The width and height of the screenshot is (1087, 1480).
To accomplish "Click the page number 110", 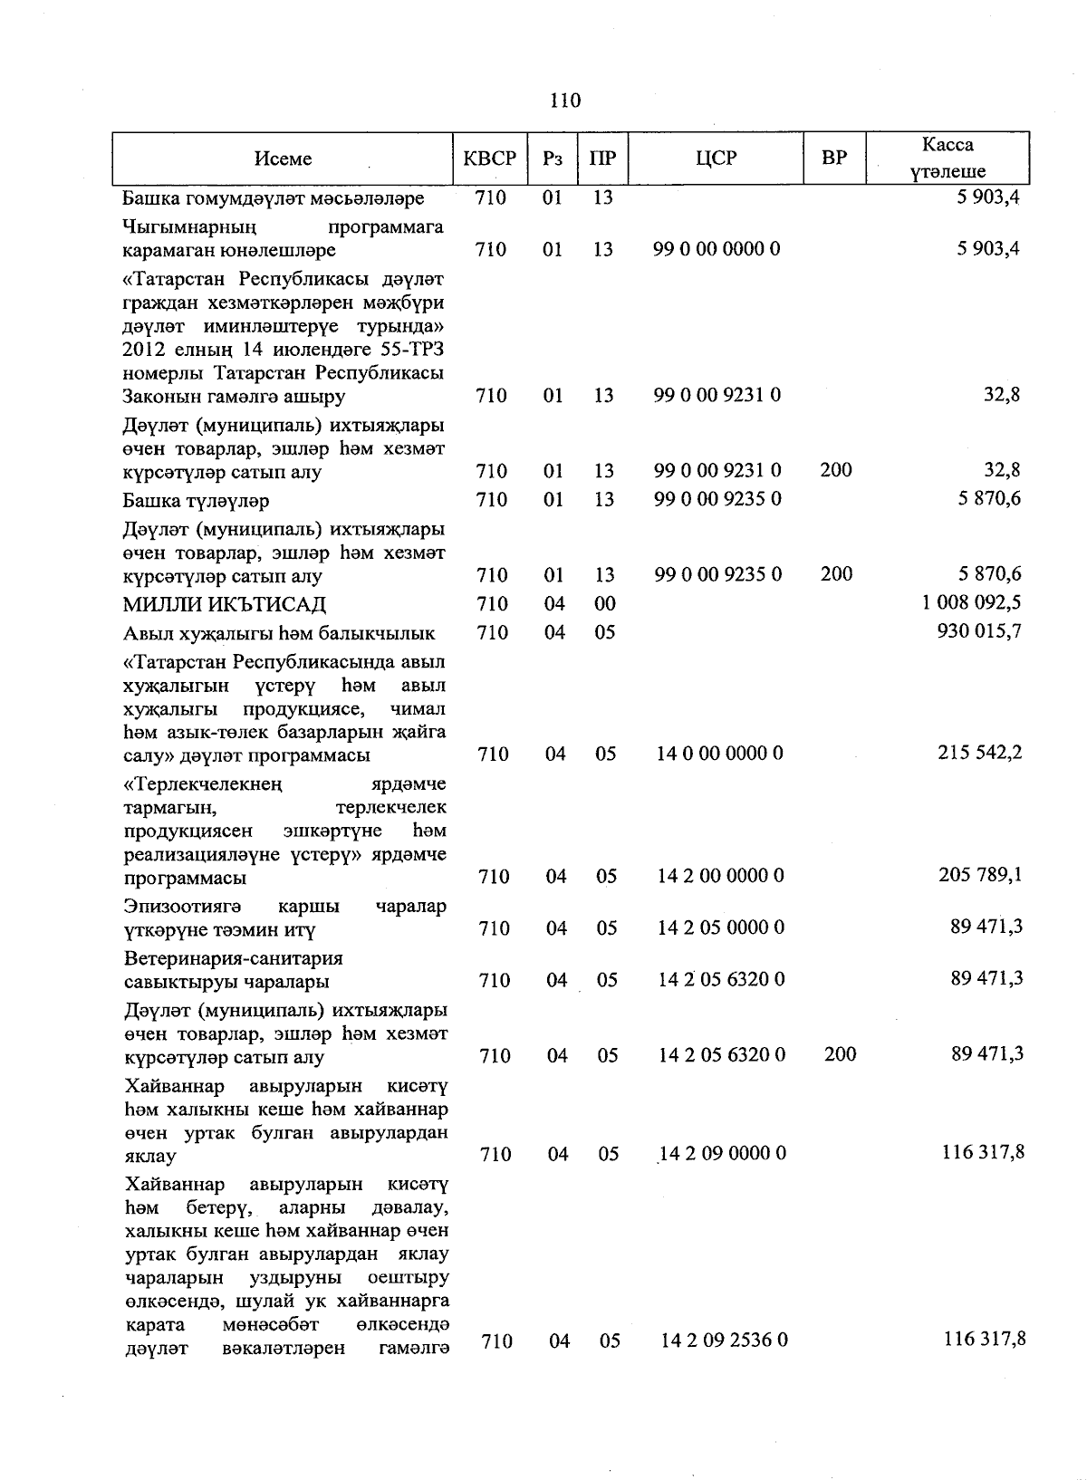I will (x=564, y=101).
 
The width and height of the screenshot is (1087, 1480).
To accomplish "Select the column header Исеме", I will (x=283, y=159).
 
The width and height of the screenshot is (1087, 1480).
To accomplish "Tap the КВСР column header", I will (x=490, y=159).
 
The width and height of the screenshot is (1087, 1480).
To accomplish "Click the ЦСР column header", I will (x=717, y=159).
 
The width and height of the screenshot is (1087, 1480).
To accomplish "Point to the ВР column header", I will (x=834, y=158).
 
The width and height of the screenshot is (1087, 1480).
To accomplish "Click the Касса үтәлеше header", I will (x=948, y=158).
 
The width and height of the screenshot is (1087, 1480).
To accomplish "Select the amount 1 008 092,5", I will (x=972, y=602).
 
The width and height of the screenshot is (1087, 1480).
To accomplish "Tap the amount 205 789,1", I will (x=979, y=875).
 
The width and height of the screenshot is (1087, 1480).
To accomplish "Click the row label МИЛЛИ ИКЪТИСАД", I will (x=225, y=604).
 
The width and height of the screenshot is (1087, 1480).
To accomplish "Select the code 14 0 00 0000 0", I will (x=721, y=754).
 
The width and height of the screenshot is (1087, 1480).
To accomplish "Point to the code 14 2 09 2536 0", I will (x=725, y=1340).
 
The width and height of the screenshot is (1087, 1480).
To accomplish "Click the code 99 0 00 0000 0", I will (x=717, y=249).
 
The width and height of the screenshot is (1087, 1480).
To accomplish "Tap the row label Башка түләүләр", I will (x=197, y=501).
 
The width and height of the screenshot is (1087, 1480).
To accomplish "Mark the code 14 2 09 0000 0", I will (x=723, y=1153).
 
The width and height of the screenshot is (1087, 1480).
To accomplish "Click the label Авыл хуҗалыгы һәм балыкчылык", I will (x=279, y=633).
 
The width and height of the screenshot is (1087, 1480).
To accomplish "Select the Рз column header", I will (x=553, y=159).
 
